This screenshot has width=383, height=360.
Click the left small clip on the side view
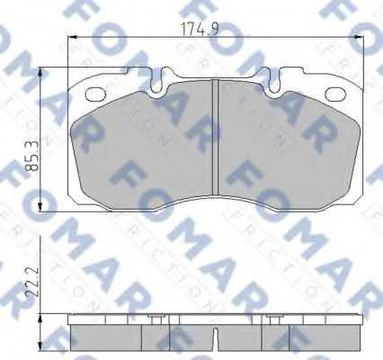(x=154, y=319)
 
